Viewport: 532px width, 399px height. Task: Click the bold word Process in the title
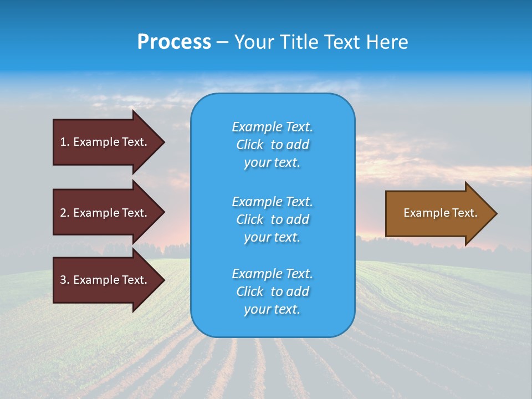tap(174, 42)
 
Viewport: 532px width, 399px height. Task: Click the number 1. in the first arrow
tap(65, 142)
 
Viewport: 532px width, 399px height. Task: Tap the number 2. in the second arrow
tap(65, 213)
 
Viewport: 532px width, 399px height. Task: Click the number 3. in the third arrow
tap(65, 280)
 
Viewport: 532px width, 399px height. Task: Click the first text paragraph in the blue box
tap(272, 145)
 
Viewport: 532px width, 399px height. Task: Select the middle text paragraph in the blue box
tap(272, 219)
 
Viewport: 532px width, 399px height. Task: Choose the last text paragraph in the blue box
tap(272, 291)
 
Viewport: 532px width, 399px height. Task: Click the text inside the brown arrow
tap(440, 213)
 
